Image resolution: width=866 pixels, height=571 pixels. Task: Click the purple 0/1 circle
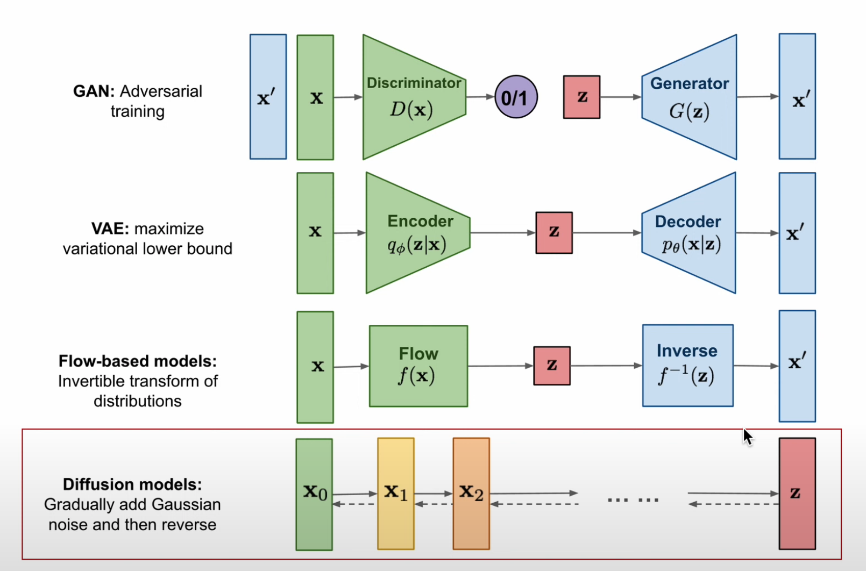tap(515, 97)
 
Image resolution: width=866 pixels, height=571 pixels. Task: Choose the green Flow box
tap(418, 366)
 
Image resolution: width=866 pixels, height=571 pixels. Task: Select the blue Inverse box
tap(687, 366)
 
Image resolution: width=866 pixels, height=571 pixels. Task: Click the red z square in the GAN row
tap(581, 97)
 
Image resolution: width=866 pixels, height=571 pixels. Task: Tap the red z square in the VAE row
tap(554, 233)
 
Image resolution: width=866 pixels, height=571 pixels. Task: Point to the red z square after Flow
tap(552, 366)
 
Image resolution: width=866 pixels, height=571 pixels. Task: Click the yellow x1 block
tap(396, 494)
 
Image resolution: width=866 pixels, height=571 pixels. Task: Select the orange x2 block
tap(471, 494)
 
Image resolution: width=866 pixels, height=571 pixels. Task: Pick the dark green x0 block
tap(314, 494)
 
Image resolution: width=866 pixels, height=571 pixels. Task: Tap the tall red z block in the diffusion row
tap(797, 494)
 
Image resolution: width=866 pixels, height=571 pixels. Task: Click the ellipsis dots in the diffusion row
tap(633, 500)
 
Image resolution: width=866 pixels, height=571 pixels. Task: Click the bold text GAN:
tap(94, 91)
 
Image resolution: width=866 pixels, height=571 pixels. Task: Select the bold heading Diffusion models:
tap(132, 484)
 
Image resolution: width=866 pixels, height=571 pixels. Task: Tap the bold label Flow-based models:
tap(138, 361)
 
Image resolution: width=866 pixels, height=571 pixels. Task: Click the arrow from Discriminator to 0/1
tap(480, 97)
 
